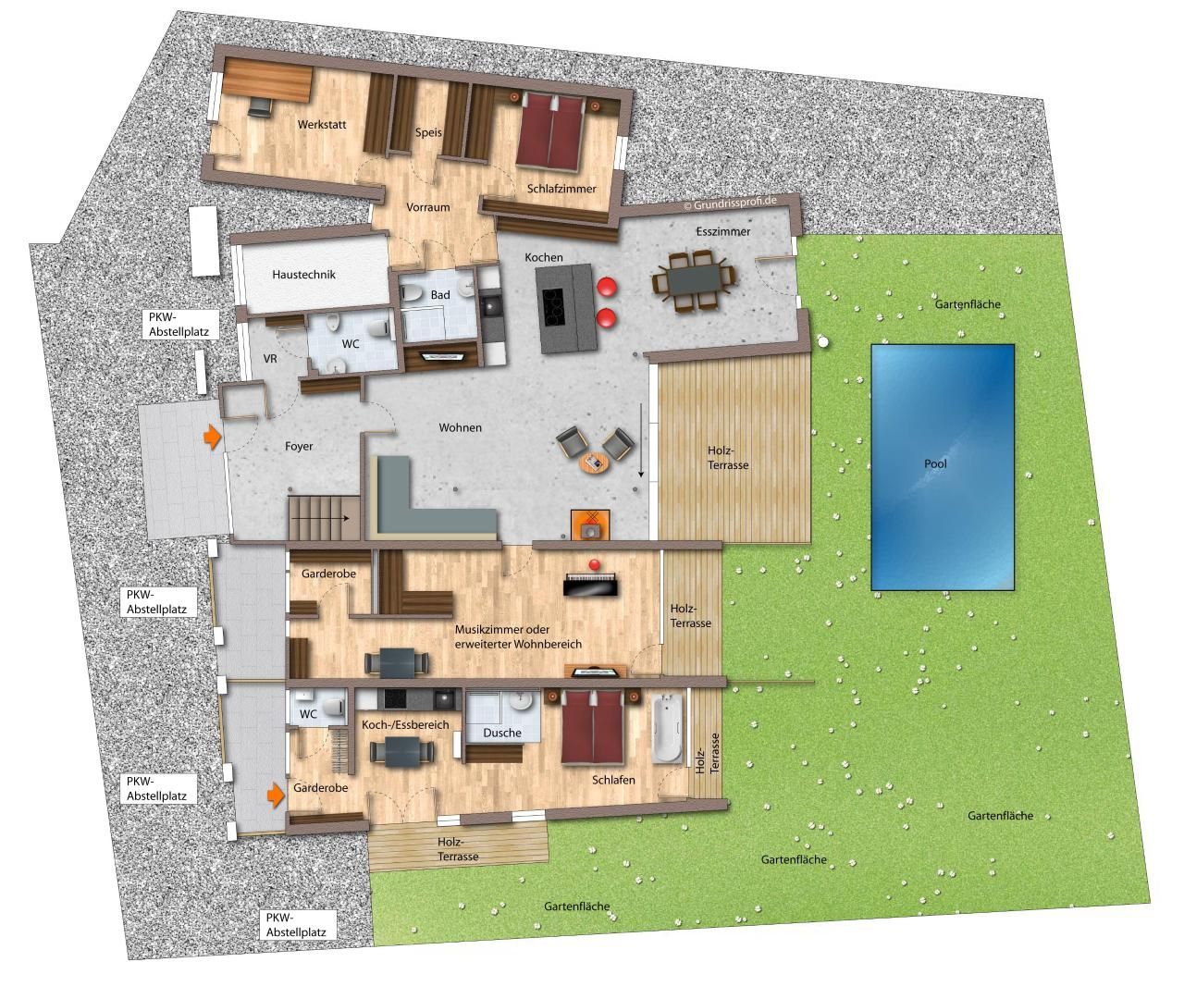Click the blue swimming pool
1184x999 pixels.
(943, 466)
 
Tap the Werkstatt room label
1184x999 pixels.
(322, 124)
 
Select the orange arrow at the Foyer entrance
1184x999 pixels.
(212, 437)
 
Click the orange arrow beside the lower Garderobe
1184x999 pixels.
(276, 795)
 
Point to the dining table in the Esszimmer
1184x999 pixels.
(694, 280)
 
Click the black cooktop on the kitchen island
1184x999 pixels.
(553, 307)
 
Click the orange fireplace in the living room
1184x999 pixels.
(591, 525)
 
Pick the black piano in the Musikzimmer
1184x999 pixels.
(590, 584)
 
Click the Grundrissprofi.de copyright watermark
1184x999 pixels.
(730, 203)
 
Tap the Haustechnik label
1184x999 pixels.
(303, 275)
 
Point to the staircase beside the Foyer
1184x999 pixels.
(324, 518)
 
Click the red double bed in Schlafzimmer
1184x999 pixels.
(550, 131)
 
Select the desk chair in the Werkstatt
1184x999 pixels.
(260, 106)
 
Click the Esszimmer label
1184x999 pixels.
(723, 231)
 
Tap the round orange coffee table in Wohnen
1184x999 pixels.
(595, 463)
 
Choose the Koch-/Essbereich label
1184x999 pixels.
(405, 724)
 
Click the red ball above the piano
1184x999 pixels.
(594, 564)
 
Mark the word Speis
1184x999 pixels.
(428, 132)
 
